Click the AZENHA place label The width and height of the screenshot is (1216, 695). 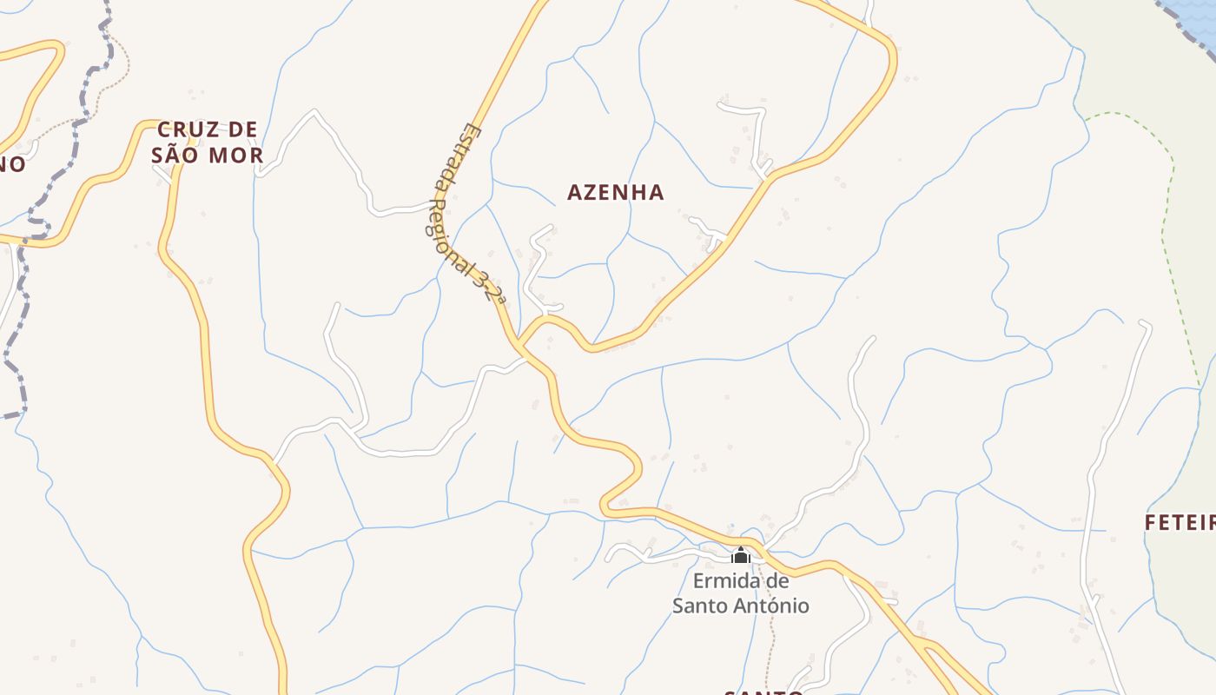(615, 192)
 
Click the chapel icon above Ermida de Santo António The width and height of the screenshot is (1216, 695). (741, 554)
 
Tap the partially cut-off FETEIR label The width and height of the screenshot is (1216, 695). (1179, 523)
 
